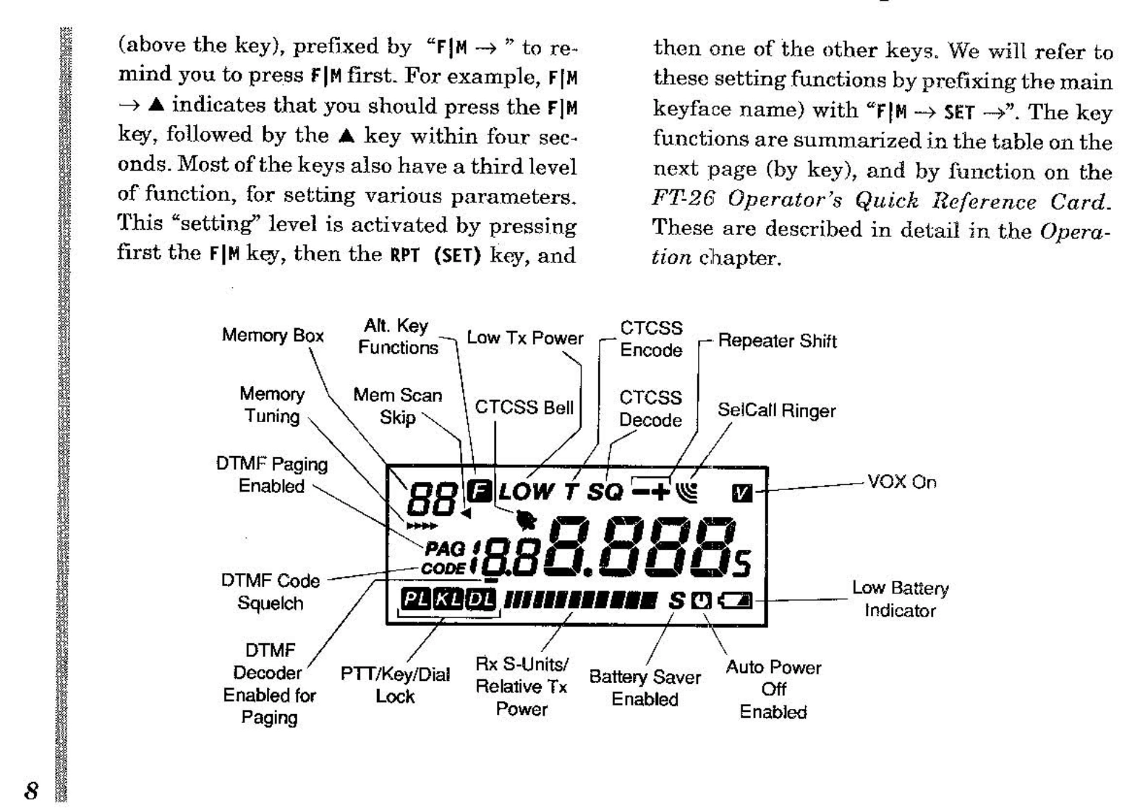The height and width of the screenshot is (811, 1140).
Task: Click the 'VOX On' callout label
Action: (x=901, y=482)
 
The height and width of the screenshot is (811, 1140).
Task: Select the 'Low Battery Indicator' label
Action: (x=900, y=599)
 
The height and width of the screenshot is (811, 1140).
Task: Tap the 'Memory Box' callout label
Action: (x=272, y=335)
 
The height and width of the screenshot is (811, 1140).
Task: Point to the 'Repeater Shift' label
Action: (x=777, y=341)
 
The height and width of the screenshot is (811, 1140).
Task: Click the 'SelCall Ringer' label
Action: (x=776, y=411)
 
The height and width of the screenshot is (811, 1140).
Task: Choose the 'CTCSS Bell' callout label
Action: (x=524, y=408)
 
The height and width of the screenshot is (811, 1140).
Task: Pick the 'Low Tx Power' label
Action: (x=524, y=338)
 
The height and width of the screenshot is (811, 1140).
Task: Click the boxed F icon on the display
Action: (x=477, y=491)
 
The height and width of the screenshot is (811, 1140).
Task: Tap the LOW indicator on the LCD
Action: (x=526, y=492)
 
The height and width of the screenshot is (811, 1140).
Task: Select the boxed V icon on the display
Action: (x=742, y=493)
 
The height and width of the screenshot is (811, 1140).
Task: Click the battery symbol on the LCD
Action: (x=735, y=600)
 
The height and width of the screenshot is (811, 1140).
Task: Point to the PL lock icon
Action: (x=416, y=599)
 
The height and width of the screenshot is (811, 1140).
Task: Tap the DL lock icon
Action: (x=480, y=599)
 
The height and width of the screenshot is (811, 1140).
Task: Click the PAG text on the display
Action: (x=445, y=550)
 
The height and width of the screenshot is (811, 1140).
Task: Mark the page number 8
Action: (x=31, y=790)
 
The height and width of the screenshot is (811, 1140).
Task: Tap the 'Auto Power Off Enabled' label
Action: (x=773, y=690)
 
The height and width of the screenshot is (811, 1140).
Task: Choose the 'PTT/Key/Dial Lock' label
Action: (x=395, y=685)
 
